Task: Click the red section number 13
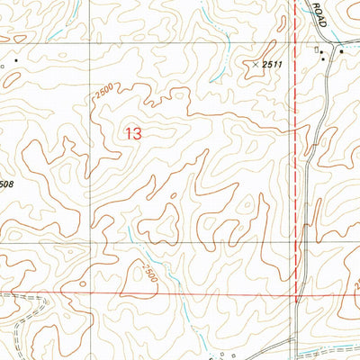coord(133,134)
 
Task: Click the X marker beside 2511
coord(256,64)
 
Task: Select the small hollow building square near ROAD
coord(316,51)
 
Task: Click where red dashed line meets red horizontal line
coord(297,292)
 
